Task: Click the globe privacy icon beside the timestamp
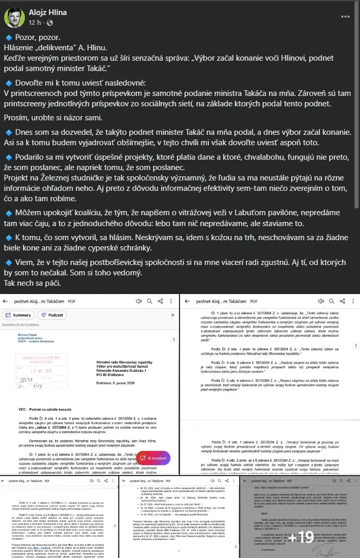50,23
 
